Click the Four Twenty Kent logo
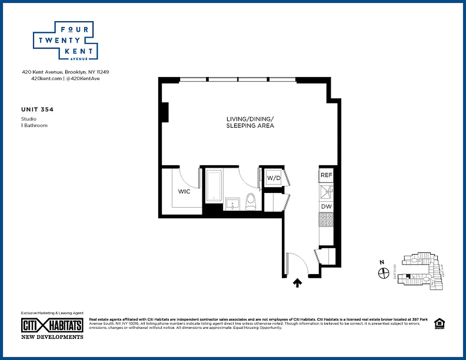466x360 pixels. pyautogui.click(x=65, y=41)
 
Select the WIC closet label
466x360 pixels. pyautogui.click(x=184, y=192)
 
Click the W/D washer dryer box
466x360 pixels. pyautogui.click(x=274, y=178)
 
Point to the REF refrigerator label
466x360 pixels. pyautogui.click(x=326, y=175)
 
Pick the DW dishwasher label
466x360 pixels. pyautogui.click(x=326, y=207)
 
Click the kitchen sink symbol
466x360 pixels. pyautogui.click(x=326, y=191)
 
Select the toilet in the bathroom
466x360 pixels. pyautogui.click(x=251, y=201)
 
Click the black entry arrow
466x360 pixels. pyautogui.click(x=297, y=283)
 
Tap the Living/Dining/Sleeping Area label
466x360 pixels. pyautogui.click(x=250, y=122)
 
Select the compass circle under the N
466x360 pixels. pyautogui.click(x=384, y=273)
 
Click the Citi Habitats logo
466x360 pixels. pyautogui.click(x=52, y=325)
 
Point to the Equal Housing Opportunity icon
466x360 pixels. pyautogui.click(x=438, y=324)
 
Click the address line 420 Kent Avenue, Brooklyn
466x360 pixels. pyautogui.click(x=65, y=72)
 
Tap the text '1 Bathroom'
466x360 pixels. pyautogui.click(x=34, y=126)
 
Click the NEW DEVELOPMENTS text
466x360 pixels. pyautogui.click(x=52, y=337)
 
